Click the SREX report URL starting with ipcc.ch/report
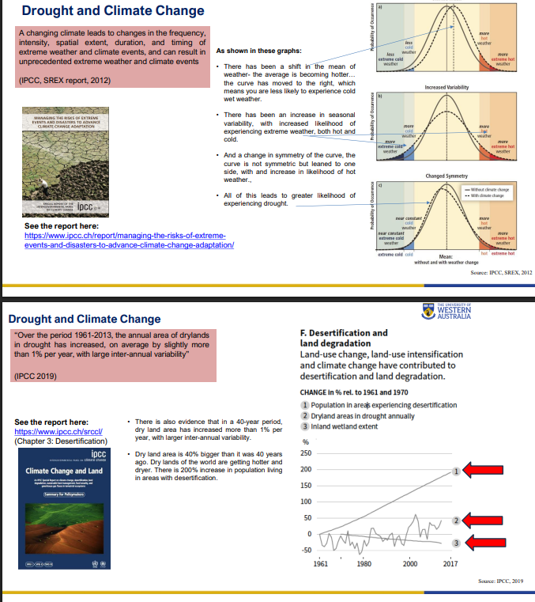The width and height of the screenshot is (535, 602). coord(126,240)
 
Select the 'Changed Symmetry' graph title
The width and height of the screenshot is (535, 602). coord(447,175)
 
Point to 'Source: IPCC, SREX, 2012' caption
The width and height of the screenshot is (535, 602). coord(501,272)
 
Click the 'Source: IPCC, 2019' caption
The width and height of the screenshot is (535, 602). coord(501,581)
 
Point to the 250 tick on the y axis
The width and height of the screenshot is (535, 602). coord(307,453)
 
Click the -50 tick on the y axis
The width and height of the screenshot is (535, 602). coord(307,550)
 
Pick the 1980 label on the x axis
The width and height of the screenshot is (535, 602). coord(364,564)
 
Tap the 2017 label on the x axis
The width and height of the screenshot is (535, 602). coord(450,564)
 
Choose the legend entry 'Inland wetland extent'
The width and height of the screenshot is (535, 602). coord(345,427)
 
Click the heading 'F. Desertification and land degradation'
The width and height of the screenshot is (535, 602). coord(344,339)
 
